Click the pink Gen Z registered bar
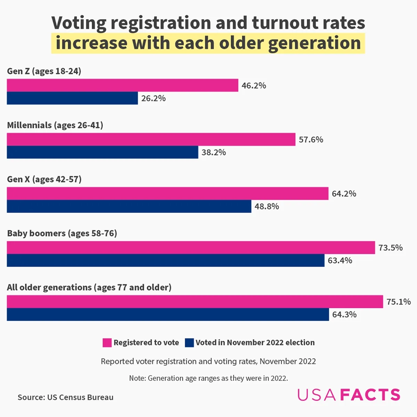122,85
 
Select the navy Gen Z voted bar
72,98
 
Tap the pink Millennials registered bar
151,139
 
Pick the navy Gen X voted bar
129,206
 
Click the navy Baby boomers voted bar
165,260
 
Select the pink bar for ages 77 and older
195,302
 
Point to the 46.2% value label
254,85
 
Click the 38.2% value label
213,152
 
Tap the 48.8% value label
267,206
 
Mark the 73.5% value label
390,248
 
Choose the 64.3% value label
344,314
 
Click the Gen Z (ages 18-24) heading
44,71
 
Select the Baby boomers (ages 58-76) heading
62,233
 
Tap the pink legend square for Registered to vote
107,343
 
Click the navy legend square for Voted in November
189,343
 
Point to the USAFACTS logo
349,395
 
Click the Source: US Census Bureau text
65,397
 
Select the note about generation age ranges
208,378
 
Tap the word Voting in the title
79,23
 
